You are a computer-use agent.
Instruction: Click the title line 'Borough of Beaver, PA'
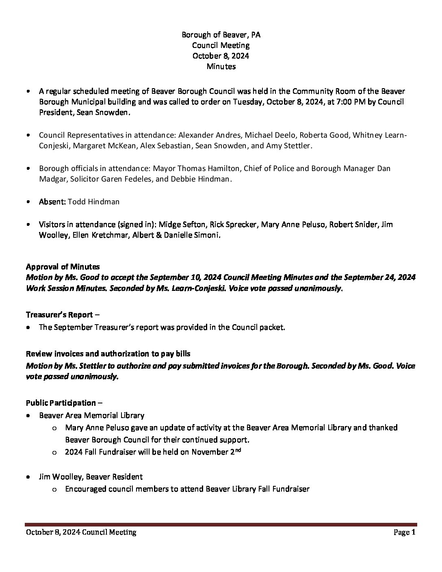221,35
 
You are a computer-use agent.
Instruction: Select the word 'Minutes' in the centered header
221,66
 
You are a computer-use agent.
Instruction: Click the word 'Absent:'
52,201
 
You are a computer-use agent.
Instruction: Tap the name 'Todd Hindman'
94,201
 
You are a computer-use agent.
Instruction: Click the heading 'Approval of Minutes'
63,267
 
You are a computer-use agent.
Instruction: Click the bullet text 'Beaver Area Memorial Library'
92,415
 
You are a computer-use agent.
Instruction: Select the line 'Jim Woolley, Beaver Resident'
91,477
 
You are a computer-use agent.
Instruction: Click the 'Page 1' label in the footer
405,532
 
